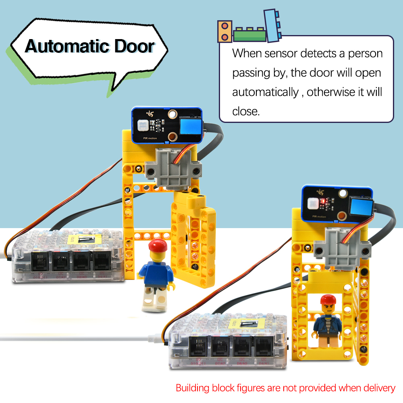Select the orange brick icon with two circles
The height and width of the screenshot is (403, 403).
point(224,31)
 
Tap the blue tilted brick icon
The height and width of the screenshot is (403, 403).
point(272,25)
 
